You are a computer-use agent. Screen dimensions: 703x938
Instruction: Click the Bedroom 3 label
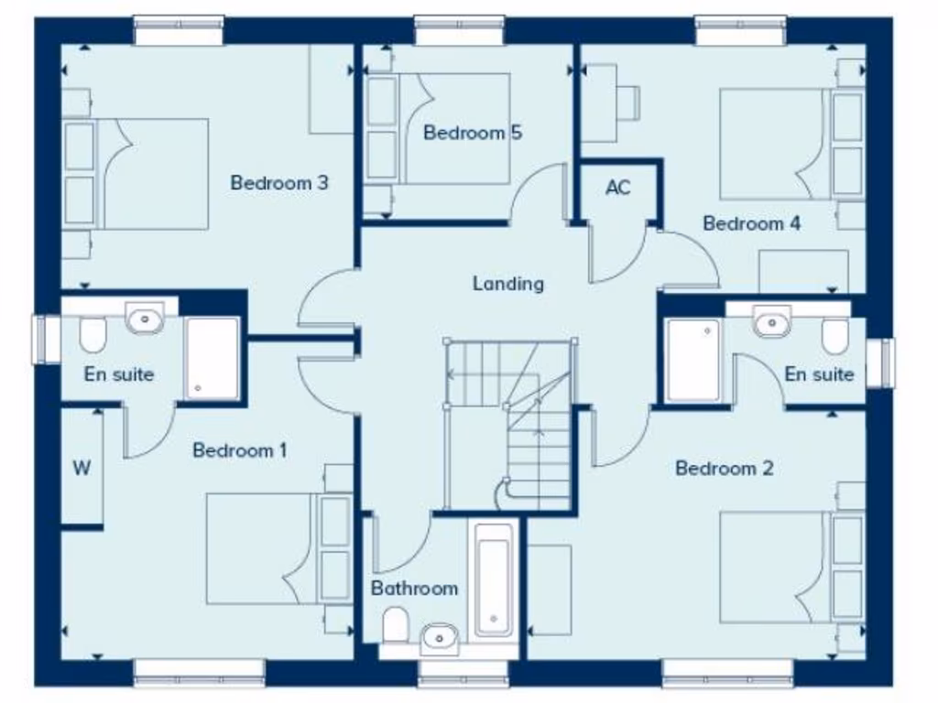pos(278,183)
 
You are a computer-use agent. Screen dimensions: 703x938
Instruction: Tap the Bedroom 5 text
pos(472,133)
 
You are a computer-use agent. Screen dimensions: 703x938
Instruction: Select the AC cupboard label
pos(618,188)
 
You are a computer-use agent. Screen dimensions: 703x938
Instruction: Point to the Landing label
pos(507,284)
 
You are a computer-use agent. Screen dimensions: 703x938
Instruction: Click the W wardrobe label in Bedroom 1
pos(82,469)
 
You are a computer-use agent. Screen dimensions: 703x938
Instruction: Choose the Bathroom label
pos(414,589)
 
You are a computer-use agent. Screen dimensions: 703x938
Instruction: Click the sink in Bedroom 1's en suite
pos(144,319)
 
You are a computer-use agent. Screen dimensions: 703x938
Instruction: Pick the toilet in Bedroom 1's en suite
pos(93,335)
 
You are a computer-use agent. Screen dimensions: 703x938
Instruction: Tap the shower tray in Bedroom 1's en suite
pos(213,358)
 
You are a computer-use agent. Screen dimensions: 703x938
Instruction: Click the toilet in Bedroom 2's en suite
pos(834,336)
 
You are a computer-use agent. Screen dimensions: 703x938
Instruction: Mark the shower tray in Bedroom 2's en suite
pos(693,360)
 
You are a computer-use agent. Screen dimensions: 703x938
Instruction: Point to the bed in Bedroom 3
pos(137,174)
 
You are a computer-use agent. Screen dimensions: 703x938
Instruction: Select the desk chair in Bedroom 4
pos(630,101)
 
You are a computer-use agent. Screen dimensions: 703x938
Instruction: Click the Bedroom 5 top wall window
pos(460,30)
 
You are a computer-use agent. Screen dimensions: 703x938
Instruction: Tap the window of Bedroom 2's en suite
pos(886,362)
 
